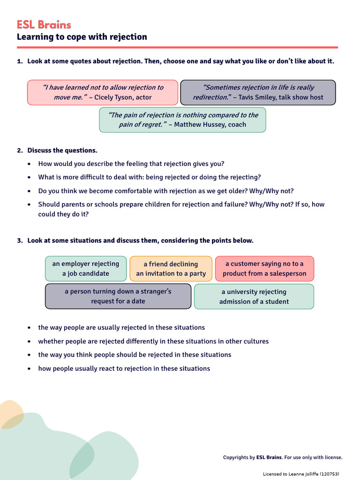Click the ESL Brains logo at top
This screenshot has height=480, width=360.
pos(44,24)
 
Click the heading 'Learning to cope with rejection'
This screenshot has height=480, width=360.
pos(82,37)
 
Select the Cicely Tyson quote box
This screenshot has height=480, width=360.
pos(103,92)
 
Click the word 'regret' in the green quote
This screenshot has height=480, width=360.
pos(153,125)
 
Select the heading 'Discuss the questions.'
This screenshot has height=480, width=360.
pos(62,150)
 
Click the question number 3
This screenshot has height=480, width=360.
pos(19,240)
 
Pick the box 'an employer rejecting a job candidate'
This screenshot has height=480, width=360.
pos(86,269)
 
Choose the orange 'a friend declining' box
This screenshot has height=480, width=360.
pos(171,269)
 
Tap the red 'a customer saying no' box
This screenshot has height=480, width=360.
pos(264,269)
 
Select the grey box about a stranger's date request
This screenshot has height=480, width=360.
pos(118,296)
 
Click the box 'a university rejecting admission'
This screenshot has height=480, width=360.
pos(254,296)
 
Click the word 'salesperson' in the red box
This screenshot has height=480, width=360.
pos(288,274)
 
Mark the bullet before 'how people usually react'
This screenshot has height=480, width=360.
pos(30,369)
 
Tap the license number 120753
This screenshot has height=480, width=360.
pos(329,474)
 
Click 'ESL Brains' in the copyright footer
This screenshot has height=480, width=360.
pos(269,457)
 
